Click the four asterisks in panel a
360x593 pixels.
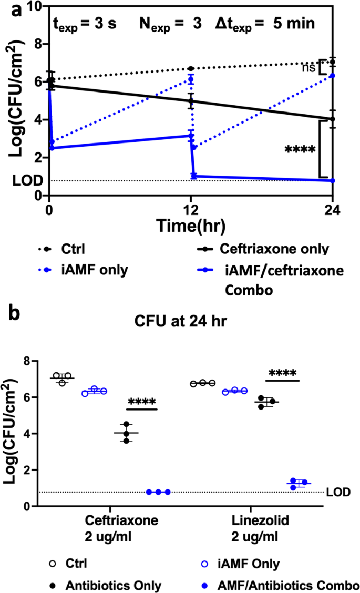(300, 150)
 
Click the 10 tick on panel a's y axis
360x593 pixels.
(35, 7)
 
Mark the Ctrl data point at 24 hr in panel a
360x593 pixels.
(332, 62)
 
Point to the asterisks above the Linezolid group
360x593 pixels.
(283, 373)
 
